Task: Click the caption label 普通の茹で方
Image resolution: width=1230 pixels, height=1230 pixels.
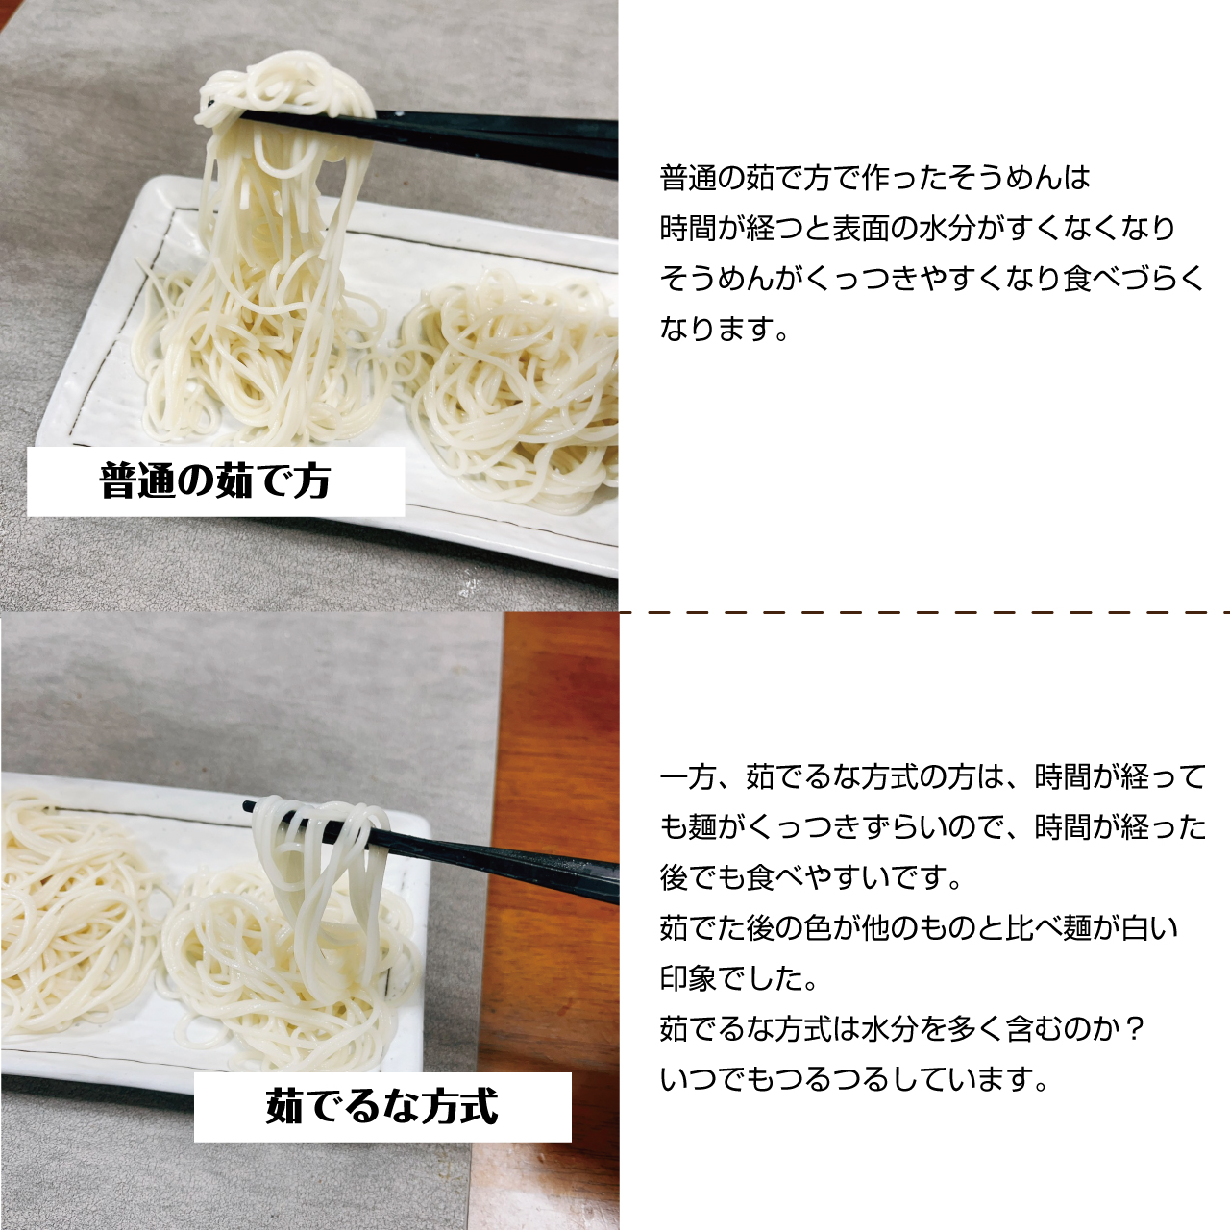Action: click(x=215, y=481)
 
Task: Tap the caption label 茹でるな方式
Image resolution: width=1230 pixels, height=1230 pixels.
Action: click(x=381, y=1107)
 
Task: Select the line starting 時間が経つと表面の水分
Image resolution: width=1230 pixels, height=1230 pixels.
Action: click(x=918, y=228)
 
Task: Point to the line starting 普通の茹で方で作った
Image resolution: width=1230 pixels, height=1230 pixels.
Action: click(x=874, y=178)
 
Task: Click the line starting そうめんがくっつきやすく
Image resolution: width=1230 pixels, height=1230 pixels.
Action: click(x=931, y=279)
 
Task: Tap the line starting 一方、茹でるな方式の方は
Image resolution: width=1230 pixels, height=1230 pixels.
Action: click(x=932, y=776)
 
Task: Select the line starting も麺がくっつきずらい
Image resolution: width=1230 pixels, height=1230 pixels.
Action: click(x=932, y=827)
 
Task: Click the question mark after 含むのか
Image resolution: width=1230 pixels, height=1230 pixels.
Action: click(x=1133, y=1029)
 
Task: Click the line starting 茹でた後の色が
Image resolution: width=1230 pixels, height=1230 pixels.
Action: click(x=918, y=928)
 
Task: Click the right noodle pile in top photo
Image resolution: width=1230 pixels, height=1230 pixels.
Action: click(x=510, y=389)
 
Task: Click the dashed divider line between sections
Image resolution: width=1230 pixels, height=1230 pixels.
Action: click(x=924, y=613)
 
